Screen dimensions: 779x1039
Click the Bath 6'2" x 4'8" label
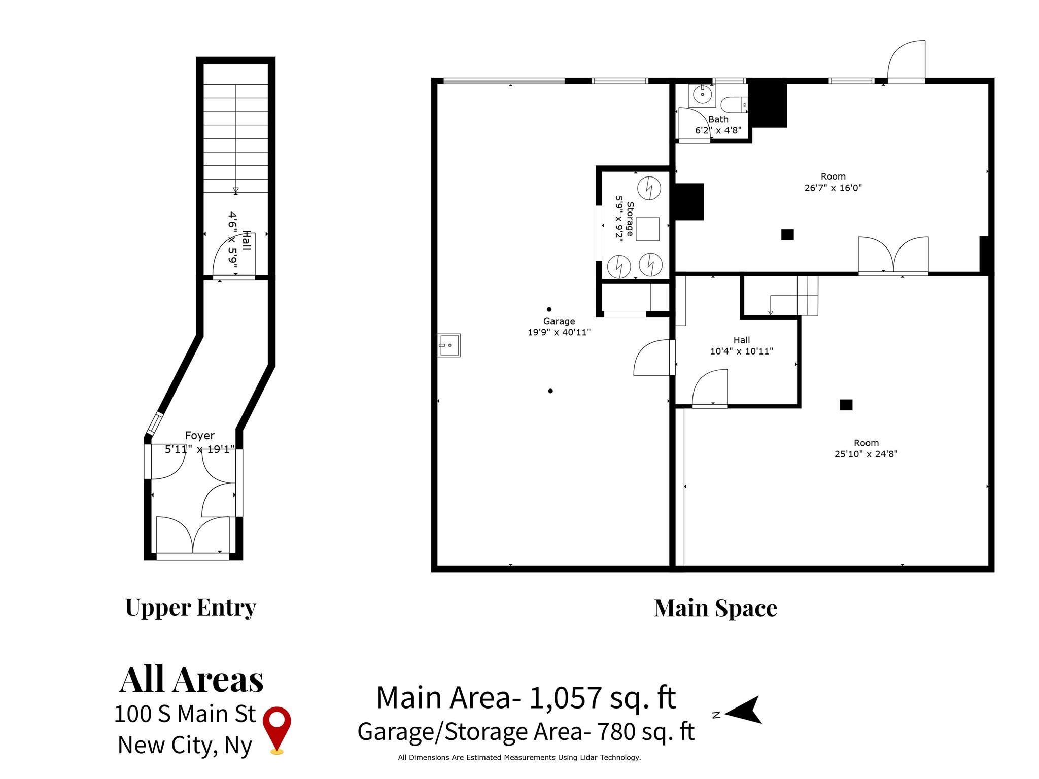[718, 125]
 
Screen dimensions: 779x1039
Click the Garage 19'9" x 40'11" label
[559, 327]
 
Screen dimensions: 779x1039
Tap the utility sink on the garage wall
[449, 345]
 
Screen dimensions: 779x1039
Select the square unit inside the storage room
[647, 229]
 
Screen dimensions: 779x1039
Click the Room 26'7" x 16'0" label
[833, 182]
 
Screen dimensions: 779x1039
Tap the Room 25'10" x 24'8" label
[866, 448]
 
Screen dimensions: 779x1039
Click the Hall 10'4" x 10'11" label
[741, 345]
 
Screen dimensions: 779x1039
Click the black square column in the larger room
[846, 405]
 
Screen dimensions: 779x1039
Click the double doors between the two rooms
[893, 256]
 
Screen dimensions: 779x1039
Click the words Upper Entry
[190, 607]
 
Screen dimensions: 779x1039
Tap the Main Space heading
[715, 608]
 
